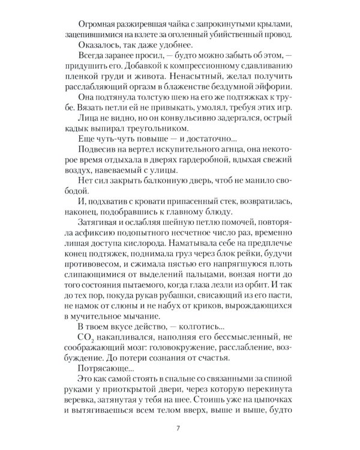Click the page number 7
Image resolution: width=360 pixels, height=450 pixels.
pyautogui.click(x=180, y=428)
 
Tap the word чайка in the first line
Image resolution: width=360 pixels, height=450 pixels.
pyautogui.click(x=178, y=24)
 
